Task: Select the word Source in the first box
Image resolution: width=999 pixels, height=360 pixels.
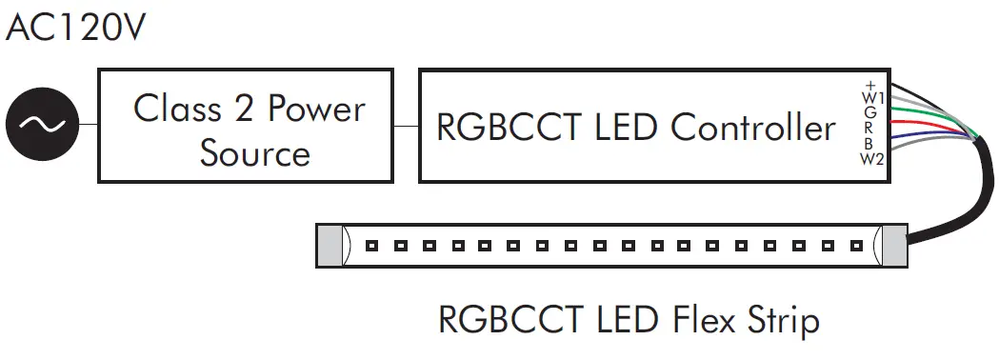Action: click(x=255, y=152)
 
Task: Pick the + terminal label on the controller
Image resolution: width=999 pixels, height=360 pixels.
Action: click(x=869, y=84)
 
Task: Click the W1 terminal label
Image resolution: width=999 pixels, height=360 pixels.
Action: click(x=872, y=97)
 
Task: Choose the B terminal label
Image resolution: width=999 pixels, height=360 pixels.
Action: click(x=870, y=143)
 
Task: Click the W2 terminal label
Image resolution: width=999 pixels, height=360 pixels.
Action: click(x=872, y=158)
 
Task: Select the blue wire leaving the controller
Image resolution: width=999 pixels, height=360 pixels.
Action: click(x=929, y=143)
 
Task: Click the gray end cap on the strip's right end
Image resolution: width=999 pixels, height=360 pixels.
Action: click(x=892, y=247)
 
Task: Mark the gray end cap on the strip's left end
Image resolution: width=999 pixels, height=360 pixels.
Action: click(x=329, y=247)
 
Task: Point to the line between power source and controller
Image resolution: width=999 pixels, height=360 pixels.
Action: click(x=406, y=125)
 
